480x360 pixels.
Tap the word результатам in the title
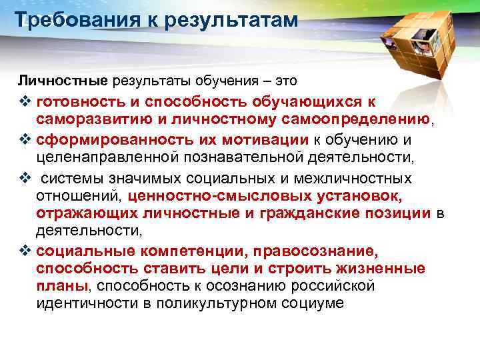228,21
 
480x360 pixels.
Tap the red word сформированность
105,140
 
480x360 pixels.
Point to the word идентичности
91,303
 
